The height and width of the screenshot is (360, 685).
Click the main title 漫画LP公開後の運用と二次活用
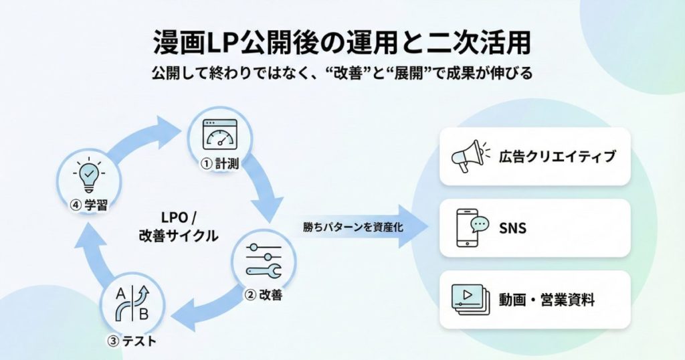[342, 41]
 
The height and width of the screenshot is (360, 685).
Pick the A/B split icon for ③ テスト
[131, 304]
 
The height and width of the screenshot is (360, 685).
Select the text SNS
[512, 228]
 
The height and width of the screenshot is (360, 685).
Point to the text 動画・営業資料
[546, 300]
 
